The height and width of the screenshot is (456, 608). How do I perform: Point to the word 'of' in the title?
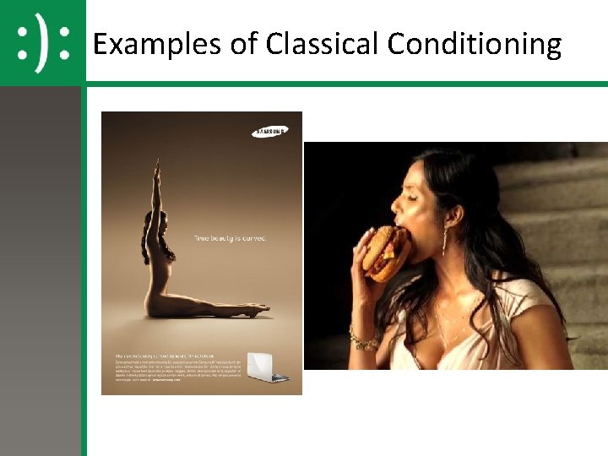245,44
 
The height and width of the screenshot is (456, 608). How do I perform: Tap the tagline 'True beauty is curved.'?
231,238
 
